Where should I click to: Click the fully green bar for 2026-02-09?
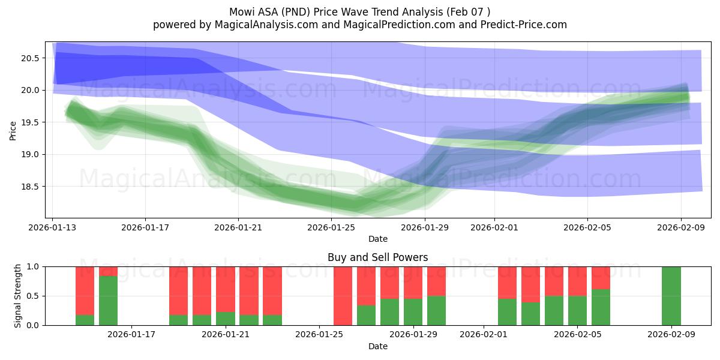point(671,296)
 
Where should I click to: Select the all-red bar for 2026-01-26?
point(343,296)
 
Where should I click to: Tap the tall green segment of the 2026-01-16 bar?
point(108,301)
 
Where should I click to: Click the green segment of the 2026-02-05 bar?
point(577,310)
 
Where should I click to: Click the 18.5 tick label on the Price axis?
point(29,187)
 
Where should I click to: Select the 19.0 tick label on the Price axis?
point(29,154)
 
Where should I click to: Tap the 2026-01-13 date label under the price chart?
point(52,227)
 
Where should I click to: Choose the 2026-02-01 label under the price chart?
point(494,227)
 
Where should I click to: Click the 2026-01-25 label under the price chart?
point(331,227)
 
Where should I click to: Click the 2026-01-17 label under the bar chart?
point(131,335)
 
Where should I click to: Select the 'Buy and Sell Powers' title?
point(377,257)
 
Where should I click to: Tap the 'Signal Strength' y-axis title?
point(18,296)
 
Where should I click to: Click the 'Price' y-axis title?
point(13,130)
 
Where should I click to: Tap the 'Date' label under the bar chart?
point(377,346)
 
